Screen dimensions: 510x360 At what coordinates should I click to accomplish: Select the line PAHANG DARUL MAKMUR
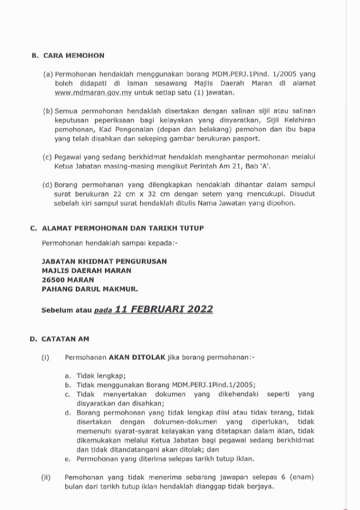(90, 289)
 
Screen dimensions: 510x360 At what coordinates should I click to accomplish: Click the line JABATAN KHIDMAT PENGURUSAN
(104, 261)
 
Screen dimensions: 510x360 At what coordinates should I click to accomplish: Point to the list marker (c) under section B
(48, 156)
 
